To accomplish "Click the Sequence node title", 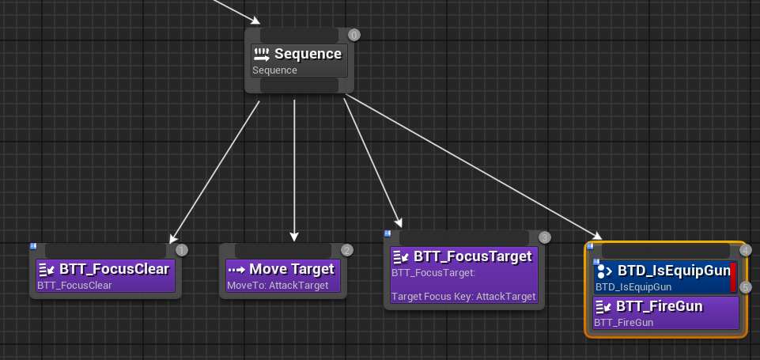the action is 308,54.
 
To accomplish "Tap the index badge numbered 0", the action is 354,35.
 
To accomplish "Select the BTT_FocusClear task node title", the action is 115,269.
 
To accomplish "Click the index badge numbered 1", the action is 181,250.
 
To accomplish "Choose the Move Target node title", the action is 292,269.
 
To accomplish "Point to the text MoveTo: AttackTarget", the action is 278,286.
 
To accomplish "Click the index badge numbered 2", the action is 347,250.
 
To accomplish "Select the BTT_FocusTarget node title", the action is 473,256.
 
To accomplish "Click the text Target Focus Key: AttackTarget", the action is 463,297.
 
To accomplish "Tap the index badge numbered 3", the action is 545,237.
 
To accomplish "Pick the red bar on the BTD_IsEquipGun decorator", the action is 733,278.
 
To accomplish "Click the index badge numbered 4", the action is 746,250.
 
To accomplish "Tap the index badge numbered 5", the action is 746,287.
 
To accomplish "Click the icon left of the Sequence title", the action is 263,54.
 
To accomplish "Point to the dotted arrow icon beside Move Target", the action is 236,270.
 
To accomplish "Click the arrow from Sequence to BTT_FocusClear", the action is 215,172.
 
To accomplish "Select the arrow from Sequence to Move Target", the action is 294,170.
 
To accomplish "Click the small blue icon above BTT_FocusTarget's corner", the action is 388,233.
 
